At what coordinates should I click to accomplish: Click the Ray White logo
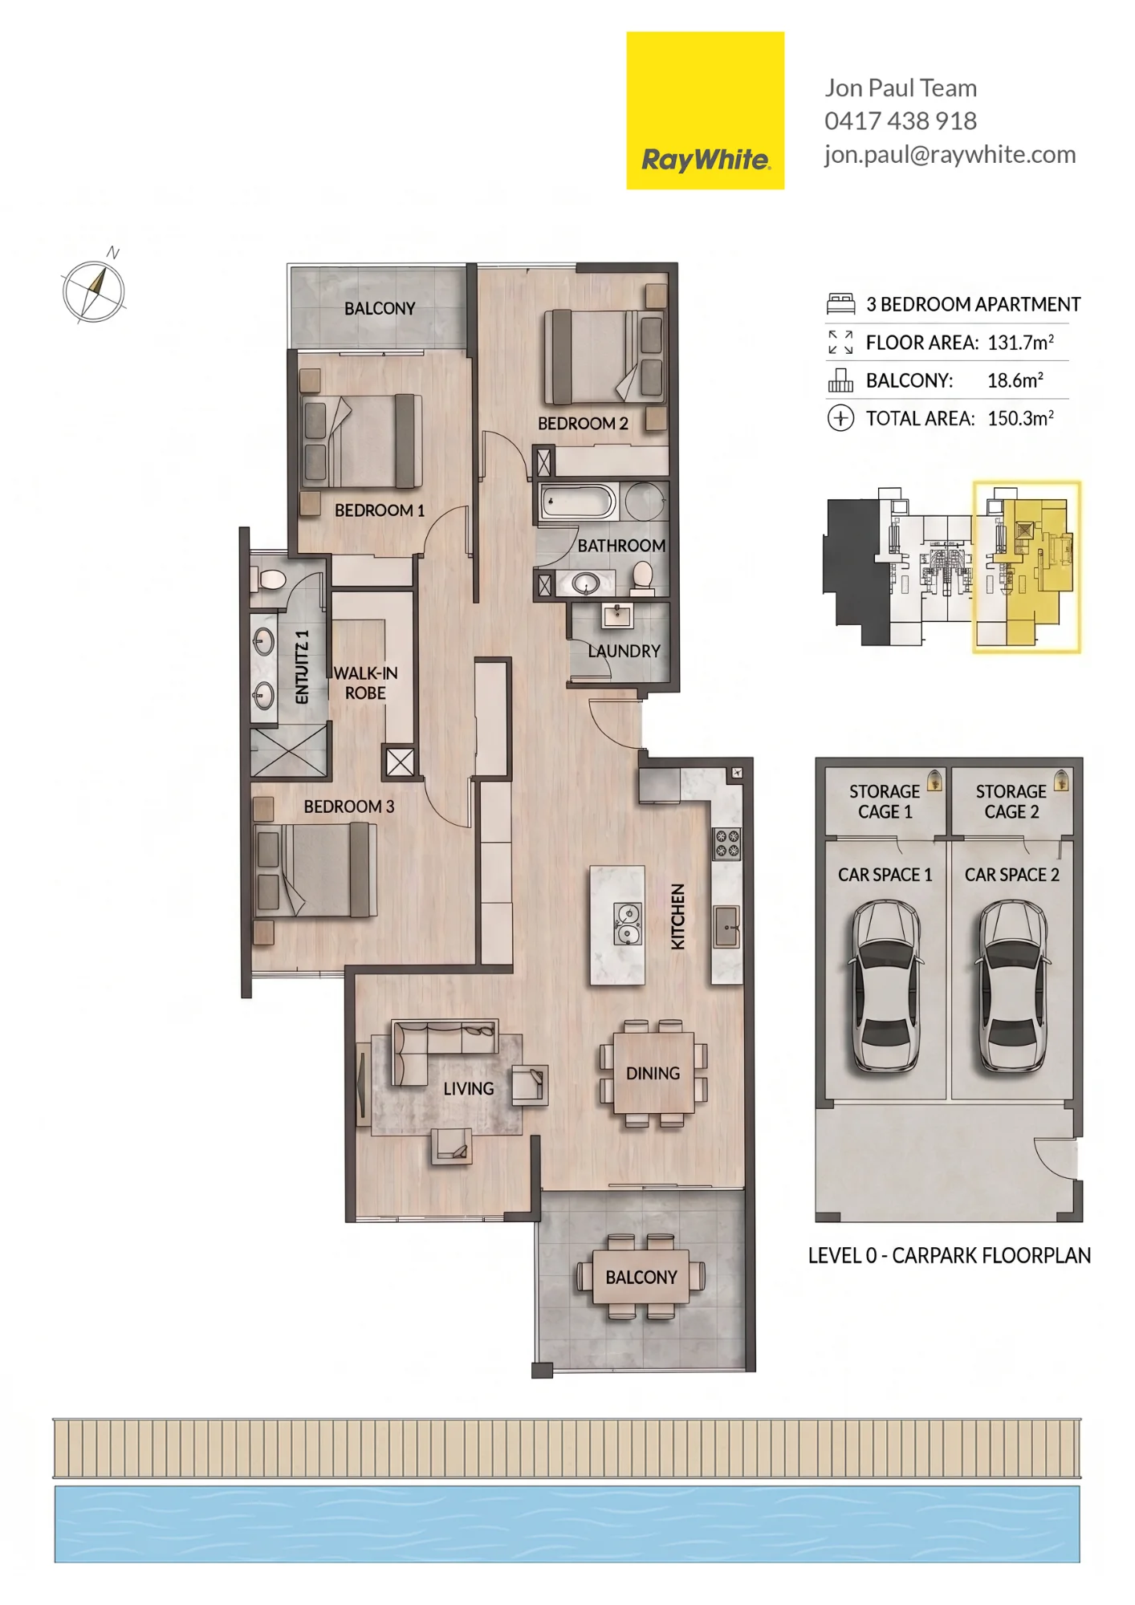pos(705,111)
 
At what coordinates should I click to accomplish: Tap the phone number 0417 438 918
pos(901,121)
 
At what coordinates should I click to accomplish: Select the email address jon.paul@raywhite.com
pos(950,154)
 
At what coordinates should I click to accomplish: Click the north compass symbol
pos(95,289)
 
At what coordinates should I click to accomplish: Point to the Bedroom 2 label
pos(583,423)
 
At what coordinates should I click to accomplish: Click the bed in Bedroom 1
pos(362,441)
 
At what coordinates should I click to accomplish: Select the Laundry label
pos(624,651)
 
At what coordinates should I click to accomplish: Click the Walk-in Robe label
pos(365,683)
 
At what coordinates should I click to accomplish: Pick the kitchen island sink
pos(628,924)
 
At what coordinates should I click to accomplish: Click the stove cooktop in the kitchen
pos(727,843)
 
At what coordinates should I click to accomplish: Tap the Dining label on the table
pos(653,1073)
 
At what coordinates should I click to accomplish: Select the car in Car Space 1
pos(885,986)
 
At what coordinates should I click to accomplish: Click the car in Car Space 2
pos(1012,986)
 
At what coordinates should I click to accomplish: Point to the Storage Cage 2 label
pos(1011,802)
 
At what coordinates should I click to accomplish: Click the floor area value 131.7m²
pos(1020,343)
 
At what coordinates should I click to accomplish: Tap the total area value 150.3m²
pos(1020,418)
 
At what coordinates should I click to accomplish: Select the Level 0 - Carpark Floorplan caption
pos(950,1255)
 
